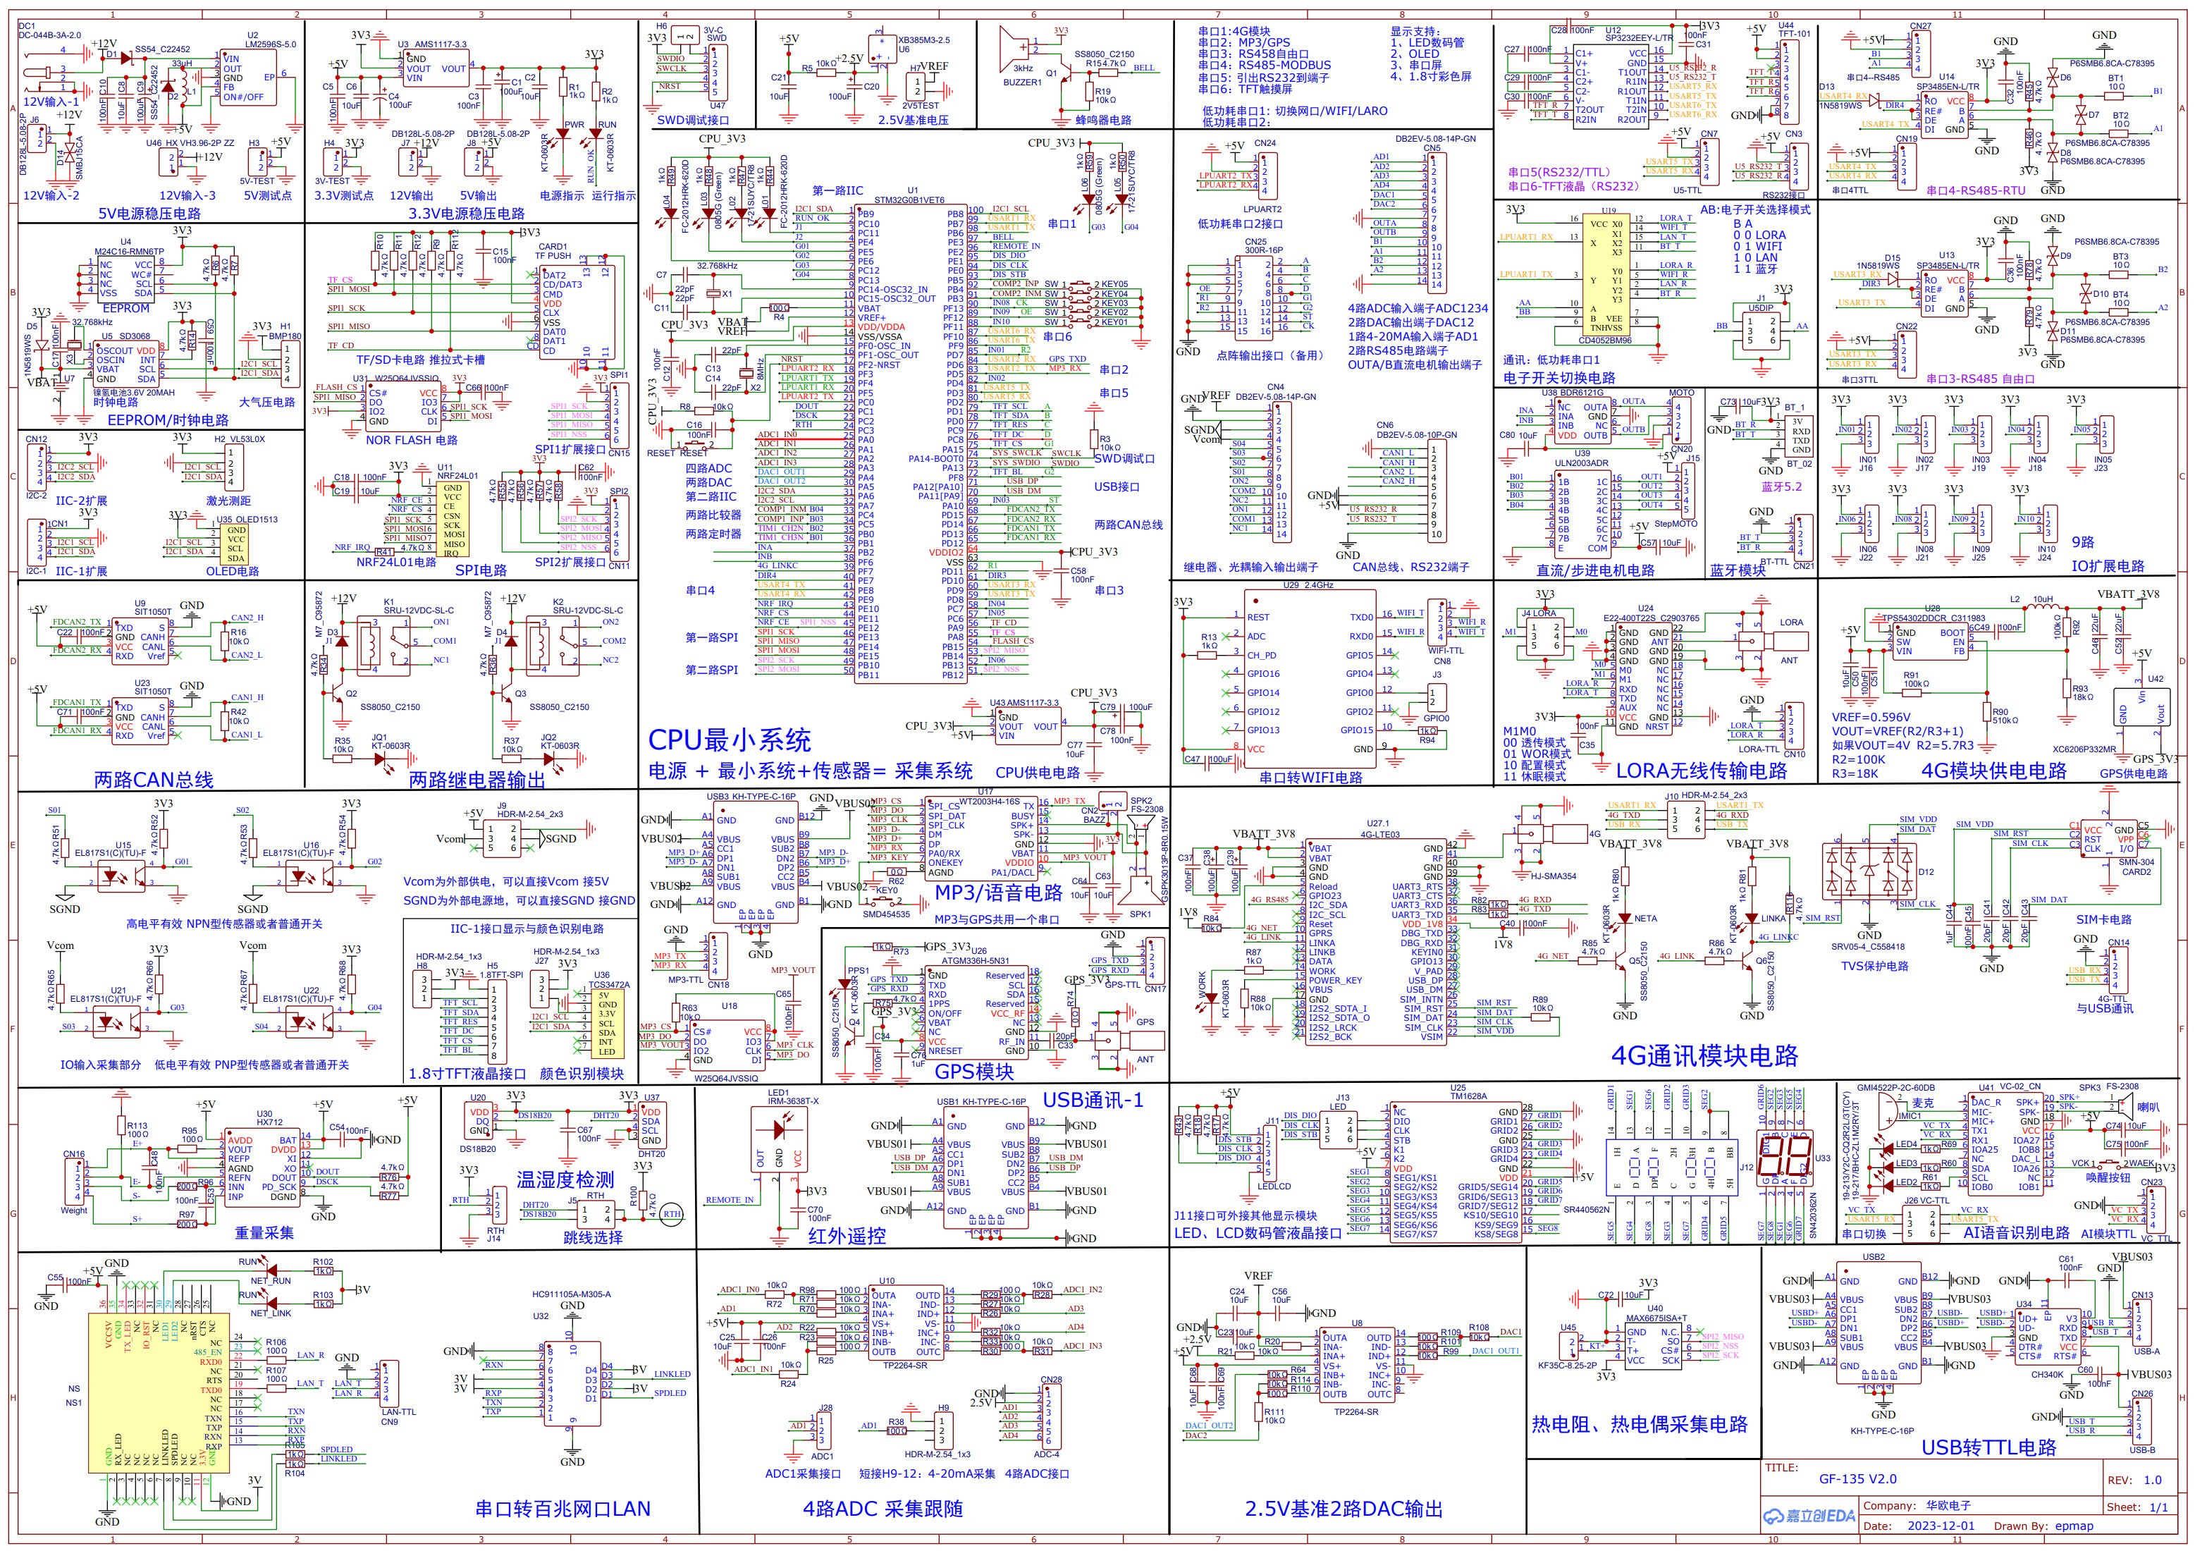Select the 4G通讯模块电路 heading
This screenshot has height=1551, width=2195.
pos(1704,1055)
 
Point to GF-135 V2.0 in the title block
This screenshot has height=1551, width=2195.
pos(1857,1478)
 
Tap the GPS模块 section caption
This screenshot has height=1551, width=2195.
pos(973,1072)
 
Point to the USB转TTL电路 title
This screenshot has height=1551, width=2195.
pos(1988,1448)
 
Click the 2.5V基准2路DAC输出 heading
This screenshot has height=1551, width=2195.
pos(1344,1509)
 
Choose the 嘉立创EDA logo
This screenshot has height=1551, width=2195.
pos(1809,1516)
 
